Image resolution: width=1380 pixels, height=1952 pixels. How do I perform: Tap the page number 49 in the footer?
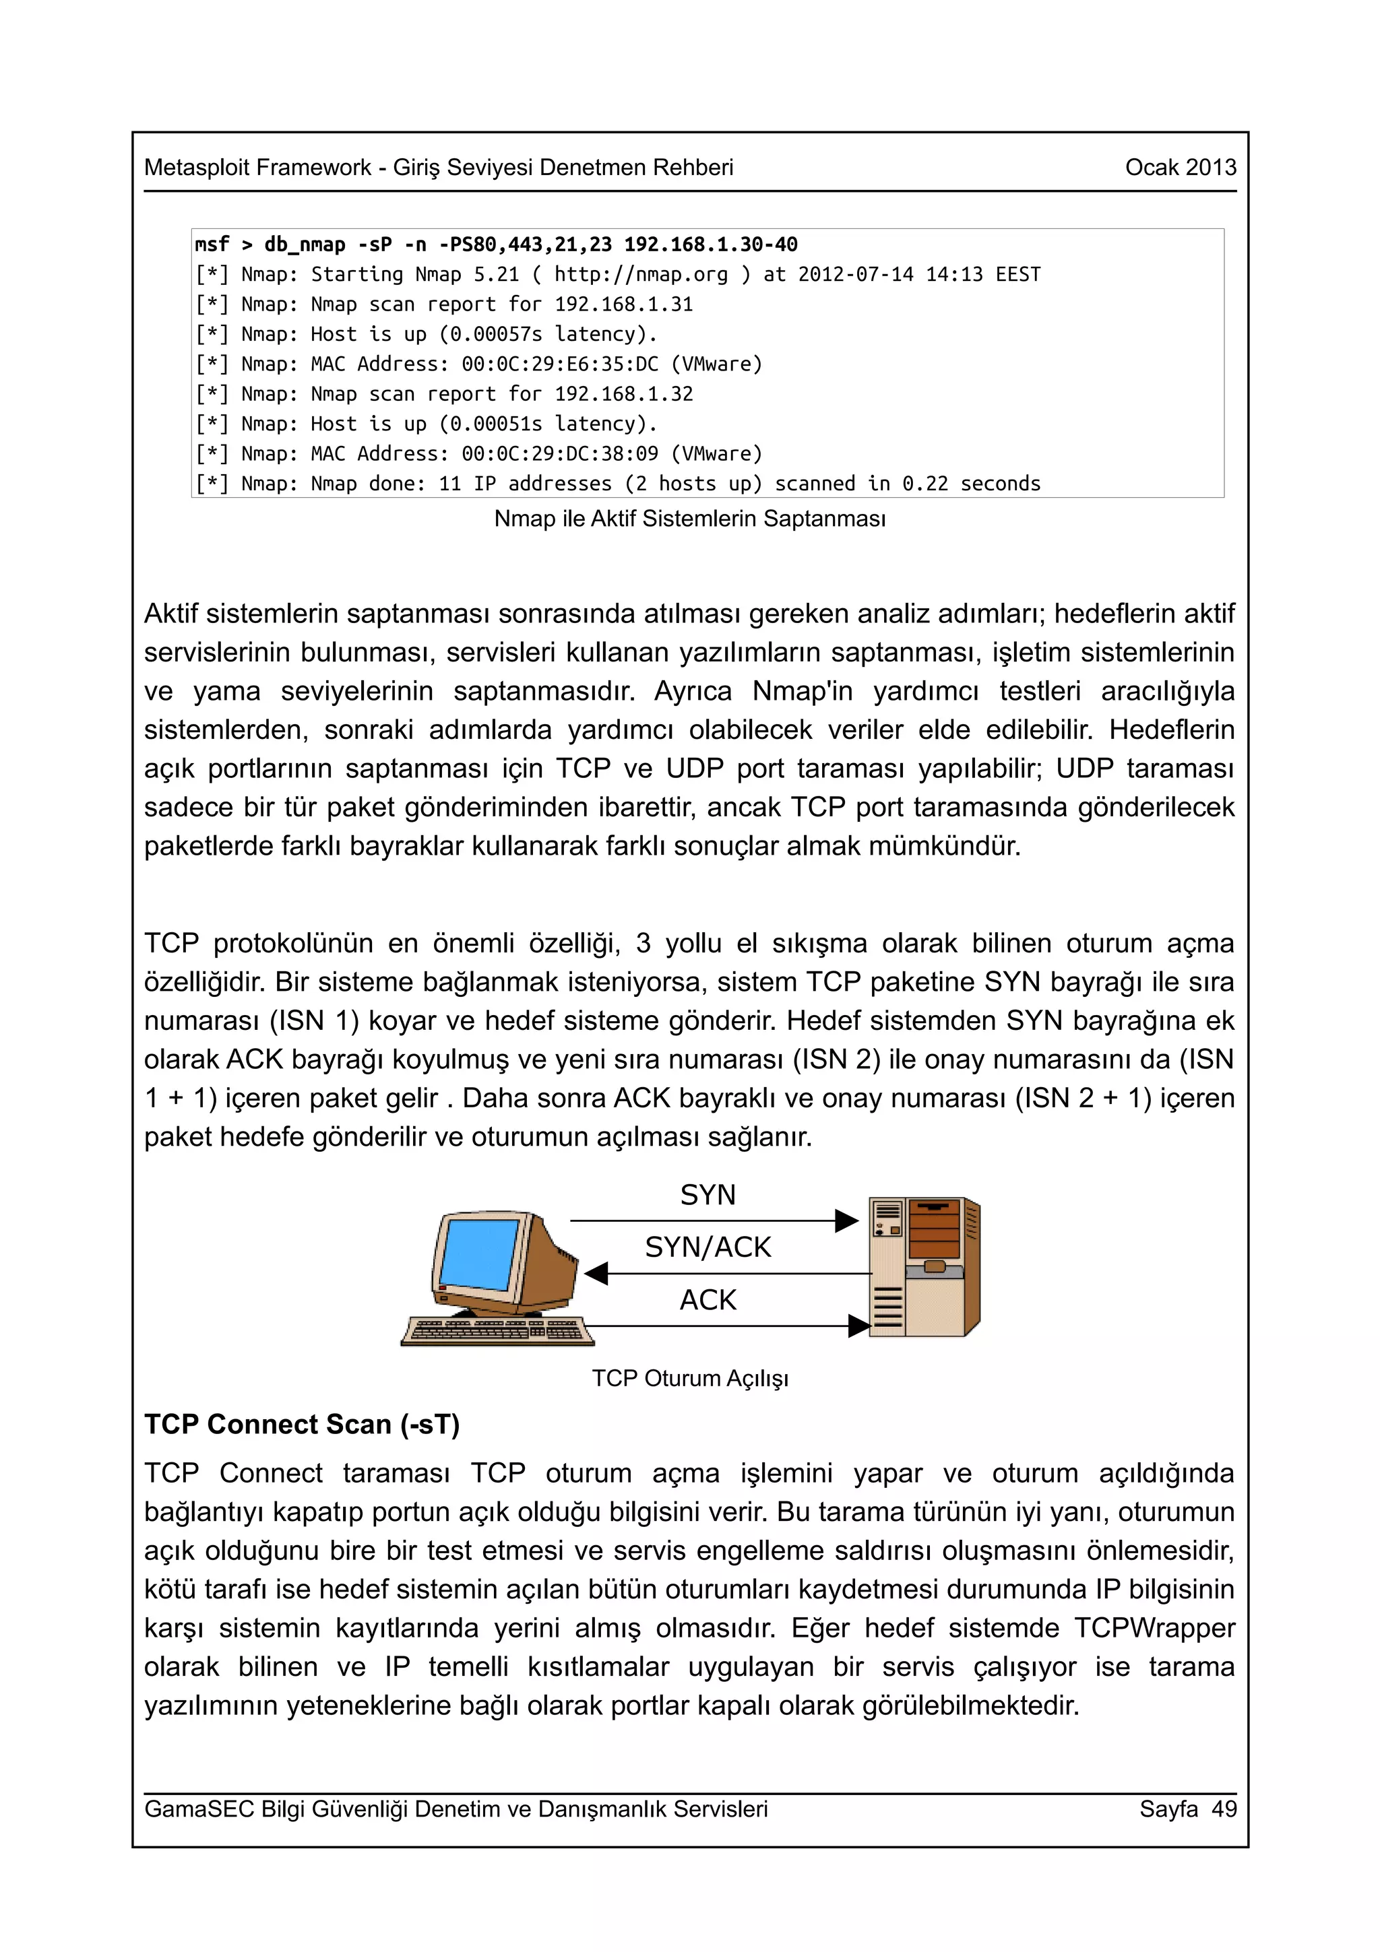click(1224, 1809)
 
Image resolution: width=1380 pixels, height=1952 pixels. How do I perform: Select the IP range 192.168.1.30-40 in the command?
click(711, 245)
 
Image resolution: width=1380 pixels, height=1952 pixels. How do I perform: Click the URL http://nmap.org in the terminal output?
click(641, 275)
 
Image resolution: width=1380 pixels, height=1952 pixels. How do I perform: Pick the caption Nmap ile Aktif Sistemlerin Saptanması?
click(689, 519)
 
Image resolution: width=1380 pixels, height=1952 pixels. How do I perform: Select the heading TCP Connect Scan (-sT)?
click(302, 1424)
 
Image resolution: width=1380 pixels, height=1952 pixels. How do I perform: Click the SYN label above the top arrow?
click(708, 1194)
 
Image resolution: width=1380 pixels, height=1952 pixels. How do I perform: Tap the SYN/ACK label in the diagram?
click(708, 1247)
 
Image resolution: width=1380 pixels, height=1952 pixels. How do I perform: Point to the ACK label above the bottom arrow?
click(708, 1300)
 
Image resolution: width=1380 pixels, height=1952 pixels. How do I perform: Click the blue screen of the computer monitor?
click(478, 1254)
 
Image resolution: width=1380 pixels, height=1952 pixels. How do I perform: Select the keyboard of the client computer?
click(497, 1330)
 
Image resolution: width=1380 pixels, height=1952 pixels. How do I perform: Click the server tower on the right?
click(925, 1267)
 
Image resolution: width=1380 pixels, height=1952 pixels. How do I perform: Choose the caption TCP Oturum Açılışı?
click(689, 1378)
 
